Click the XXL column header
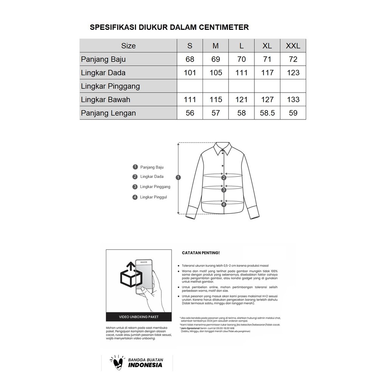click(293, 46)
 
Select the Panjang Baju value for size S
click(190, 59)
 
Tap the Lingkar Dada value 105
click(216, 73)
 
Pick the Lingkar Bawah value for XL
click(267, 99)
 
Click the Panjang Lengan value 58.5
click(267, 113)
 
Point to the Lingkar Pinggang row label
click(110, 86)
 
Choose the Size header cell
click(128, 46)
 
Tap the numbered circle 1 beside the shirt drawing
click(179, 177)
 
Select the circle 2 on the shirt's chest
click(224, 178)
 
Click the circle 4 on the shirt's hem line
click(224, 204)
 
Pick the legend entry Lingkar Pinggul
click(153, 197)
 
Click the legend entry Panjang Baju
click(152, 167)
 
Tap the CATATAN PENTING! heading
click(201, 253)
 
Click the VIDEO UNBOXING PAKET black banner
click(139, 317)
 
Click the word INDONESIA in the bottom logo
click(145, 365)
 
